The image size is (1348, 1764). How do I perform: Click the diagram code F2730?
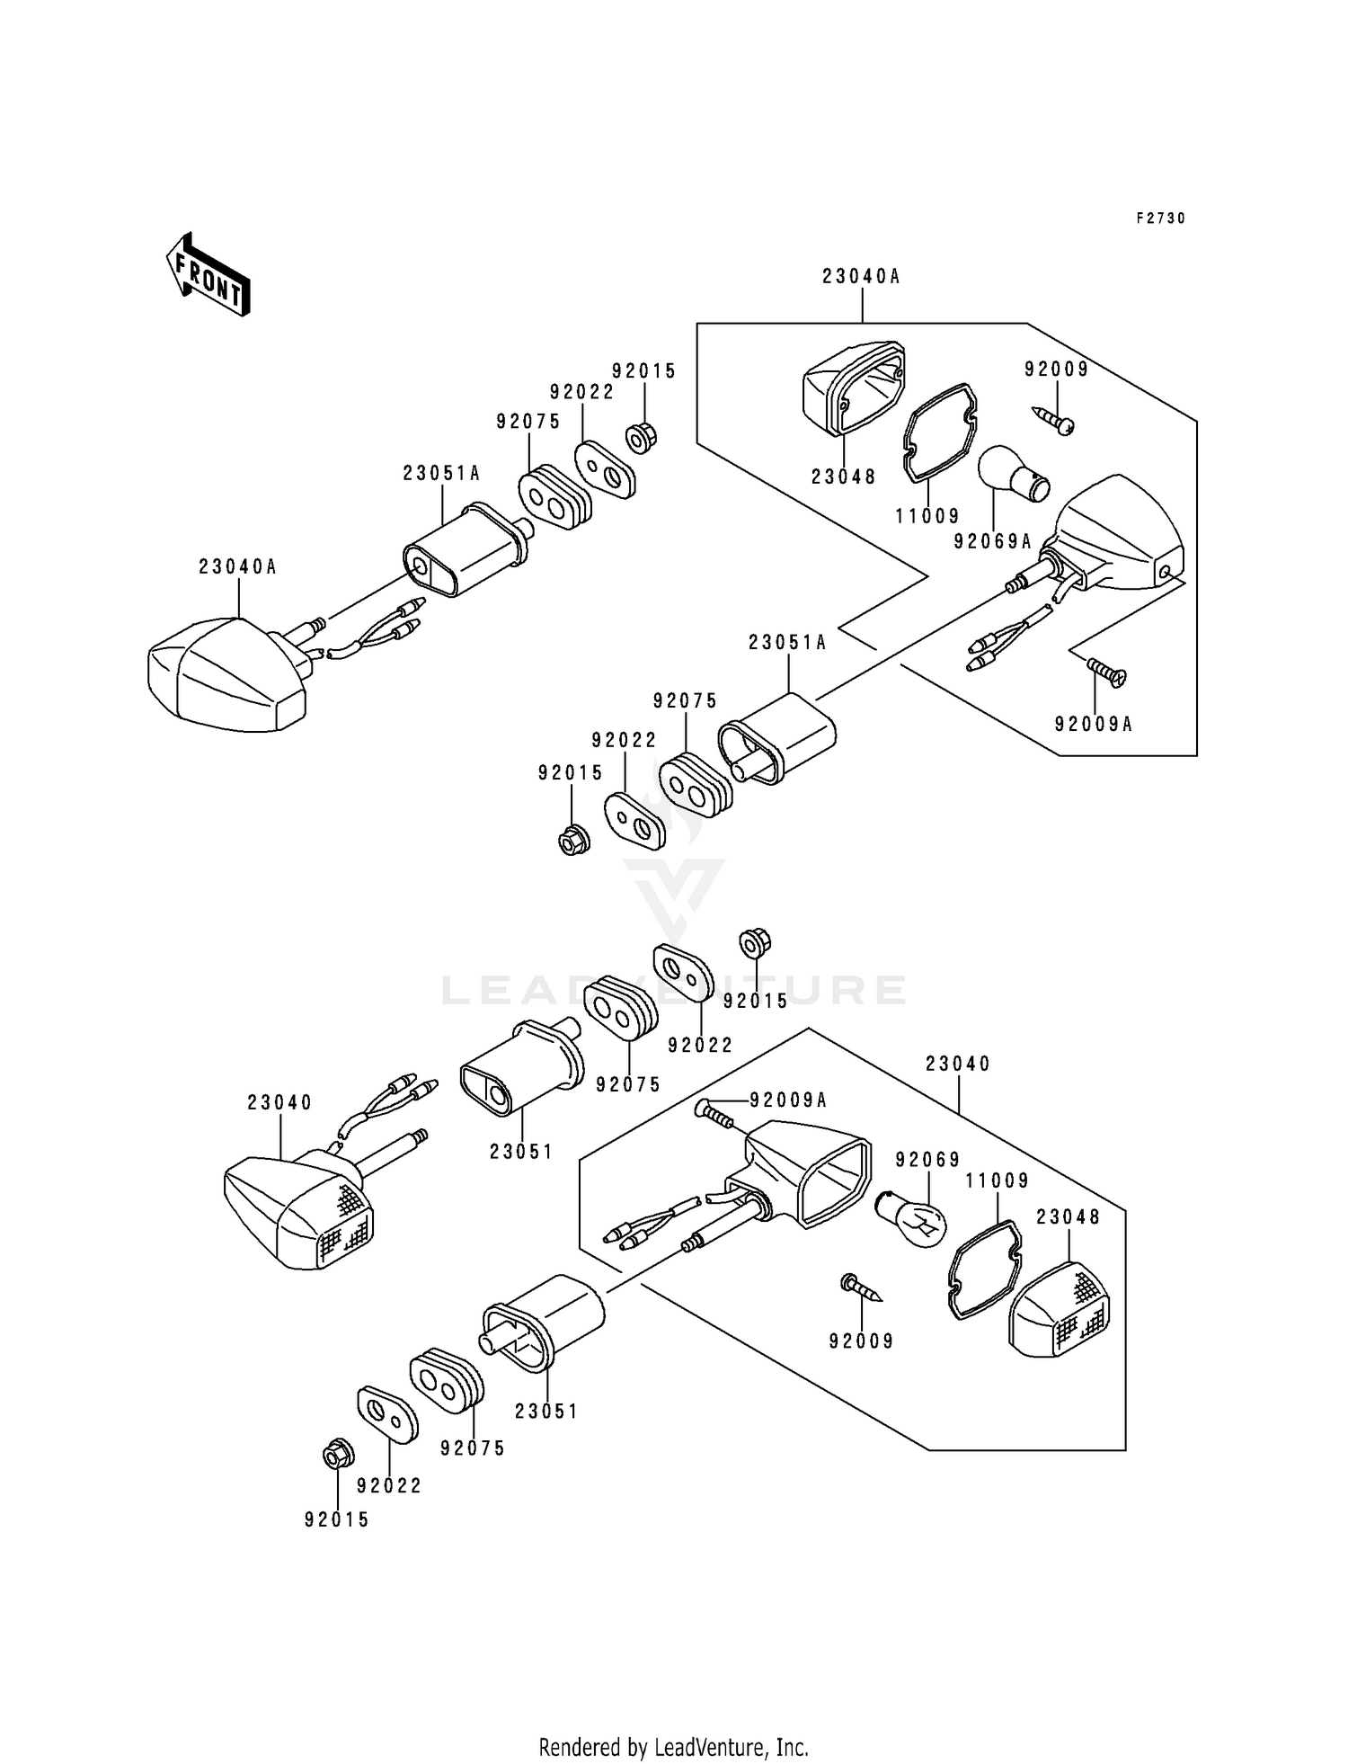tap(1160, 218)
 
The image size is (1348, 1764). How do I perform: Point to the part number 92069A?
tap(993, 541)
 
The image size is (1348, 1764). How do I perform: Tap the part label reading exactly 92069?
tap(927, 1160)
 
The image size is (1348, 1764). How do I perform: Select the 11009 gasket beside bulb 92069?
tap(984, 1268)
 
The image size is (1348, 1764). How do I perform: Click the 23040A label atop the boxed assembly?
tap(861, 277)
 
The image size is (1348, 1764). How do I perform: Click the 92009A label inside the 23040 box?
tap(788, 1100)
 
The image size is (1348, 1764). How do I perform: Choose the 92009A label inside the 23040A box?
tap(1094, 724)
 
